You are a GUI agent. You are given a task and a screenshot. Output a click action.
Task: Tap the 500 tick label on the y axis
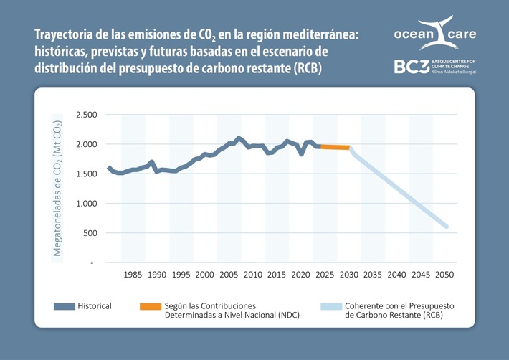click(x=90, y=233)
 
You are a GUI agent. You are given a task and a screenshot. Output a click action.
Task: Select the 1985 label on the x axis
click(x=132, y=275)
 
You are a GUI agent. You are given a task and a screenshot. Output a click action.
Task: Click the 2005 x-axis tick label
click(x=229, y=275)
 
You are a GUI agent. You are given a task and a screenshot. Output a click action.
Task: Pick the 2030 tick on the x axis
click(x=349, y=275)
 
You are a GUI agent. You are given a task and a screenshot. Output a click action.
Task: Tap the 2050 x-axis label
click(x=445, y=275)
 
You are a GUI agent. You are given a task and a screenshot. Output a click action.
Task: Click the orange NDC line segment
click(x=334, y=147)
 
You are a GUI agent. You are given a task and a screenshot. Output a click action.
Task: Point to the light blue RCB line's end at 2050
click(x=447, y=227)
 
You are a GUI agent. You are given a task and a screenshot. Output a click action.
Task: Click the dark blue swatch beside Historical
click(x=65, y=306)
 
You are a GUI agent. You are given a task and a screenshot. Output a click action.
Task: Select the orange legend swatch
click(x=151, y=306)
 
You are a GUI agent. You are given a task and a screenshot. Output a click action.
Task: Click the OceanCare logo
click(x=434, y=34)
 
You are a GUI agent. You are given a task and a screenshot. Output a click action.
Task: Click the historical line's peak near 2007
click(x=239, y=138)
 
